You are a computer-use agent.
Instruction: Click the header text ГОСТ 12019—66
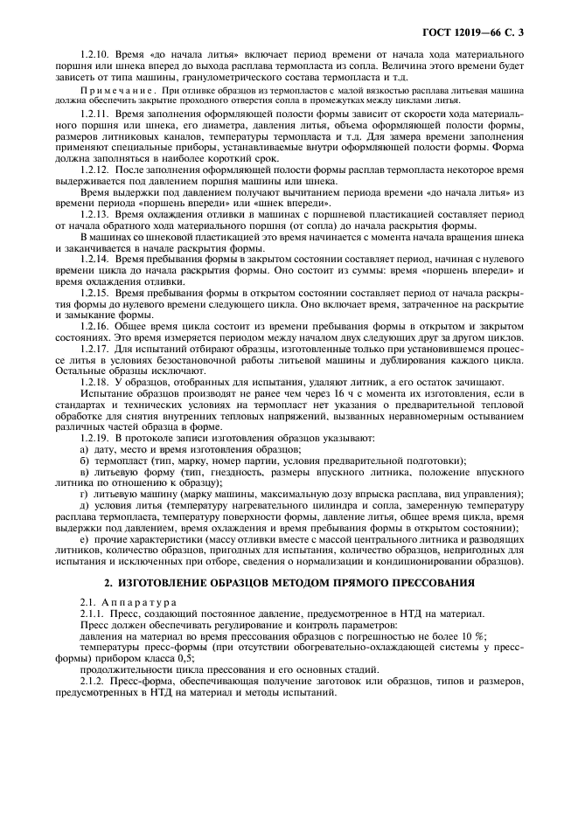(x=477, y=33)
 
